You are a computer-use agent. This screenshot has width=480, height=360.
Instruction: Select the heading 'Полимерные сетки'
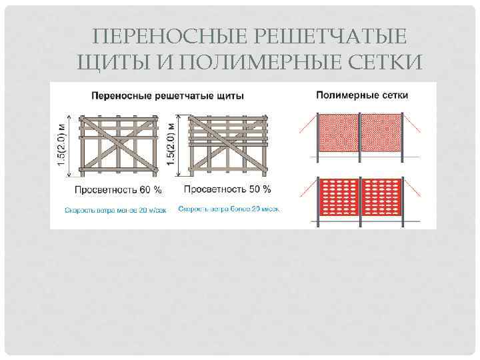361,95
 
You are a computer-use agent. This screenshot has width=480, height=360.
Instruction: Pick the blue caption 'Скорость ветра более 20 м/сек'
228,209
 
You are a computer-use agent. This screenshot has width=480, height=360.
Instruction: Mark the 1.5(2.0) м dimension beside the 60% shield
63,145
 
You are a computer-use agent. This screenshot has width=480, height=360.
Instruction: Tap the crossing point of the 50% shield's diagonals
227,144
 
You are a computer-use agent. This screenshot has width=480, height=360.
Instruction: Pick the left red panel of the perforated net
339,197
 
